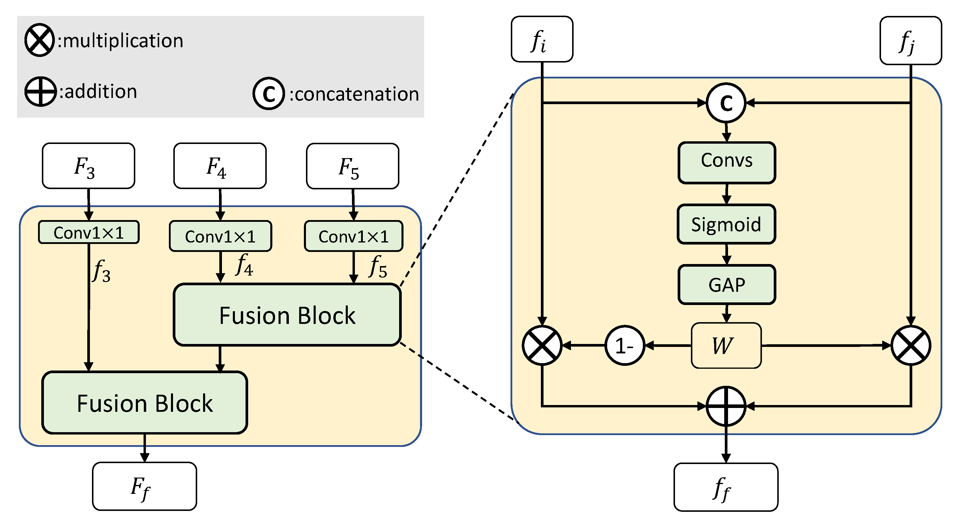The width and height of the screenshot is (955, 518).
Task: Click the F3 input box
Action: (x=88, y=166)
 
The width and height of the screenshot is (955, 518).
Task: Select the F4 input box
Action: (x=220, y=166)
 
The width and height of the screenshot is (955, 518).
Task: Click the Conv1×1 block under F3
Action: (x=89, y=232)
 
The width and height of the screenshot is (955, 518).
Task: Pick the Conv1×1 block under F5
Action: (x=353, y=236)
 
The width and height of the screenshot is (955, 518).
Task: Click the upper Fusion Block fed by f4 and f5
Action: (x=287, y=315)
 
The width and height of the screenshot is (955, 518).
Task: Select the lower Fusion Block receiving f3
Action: (x=145, y=403)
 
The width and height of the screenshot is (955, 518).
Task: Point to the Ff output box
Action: (x=144, y=486)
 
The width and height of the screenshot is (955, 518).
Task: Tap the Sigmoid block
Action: (x=726, y=224)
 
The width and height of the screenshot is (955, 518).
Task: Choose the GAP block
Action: (x=726, y=285)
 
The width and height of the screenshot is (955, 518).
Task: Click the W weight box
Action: (x=726, y=345)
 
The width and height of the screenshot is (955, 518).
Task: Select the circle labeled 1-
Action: (x=625, y=345)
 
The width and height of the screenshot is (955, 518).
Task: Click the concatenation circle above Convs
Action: (x=726, y=103)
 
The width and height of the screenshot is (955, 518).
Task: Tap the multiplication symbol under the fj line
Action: (x=910, y=345)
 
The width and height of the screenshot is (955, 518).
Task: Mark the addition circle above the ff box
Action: (x=726, y=406)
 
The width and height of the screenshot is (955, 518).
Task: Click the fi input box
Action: (x=542, y=39)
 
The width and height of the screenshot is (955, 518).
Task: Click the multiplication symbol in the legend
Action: (x=39, y=40)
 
